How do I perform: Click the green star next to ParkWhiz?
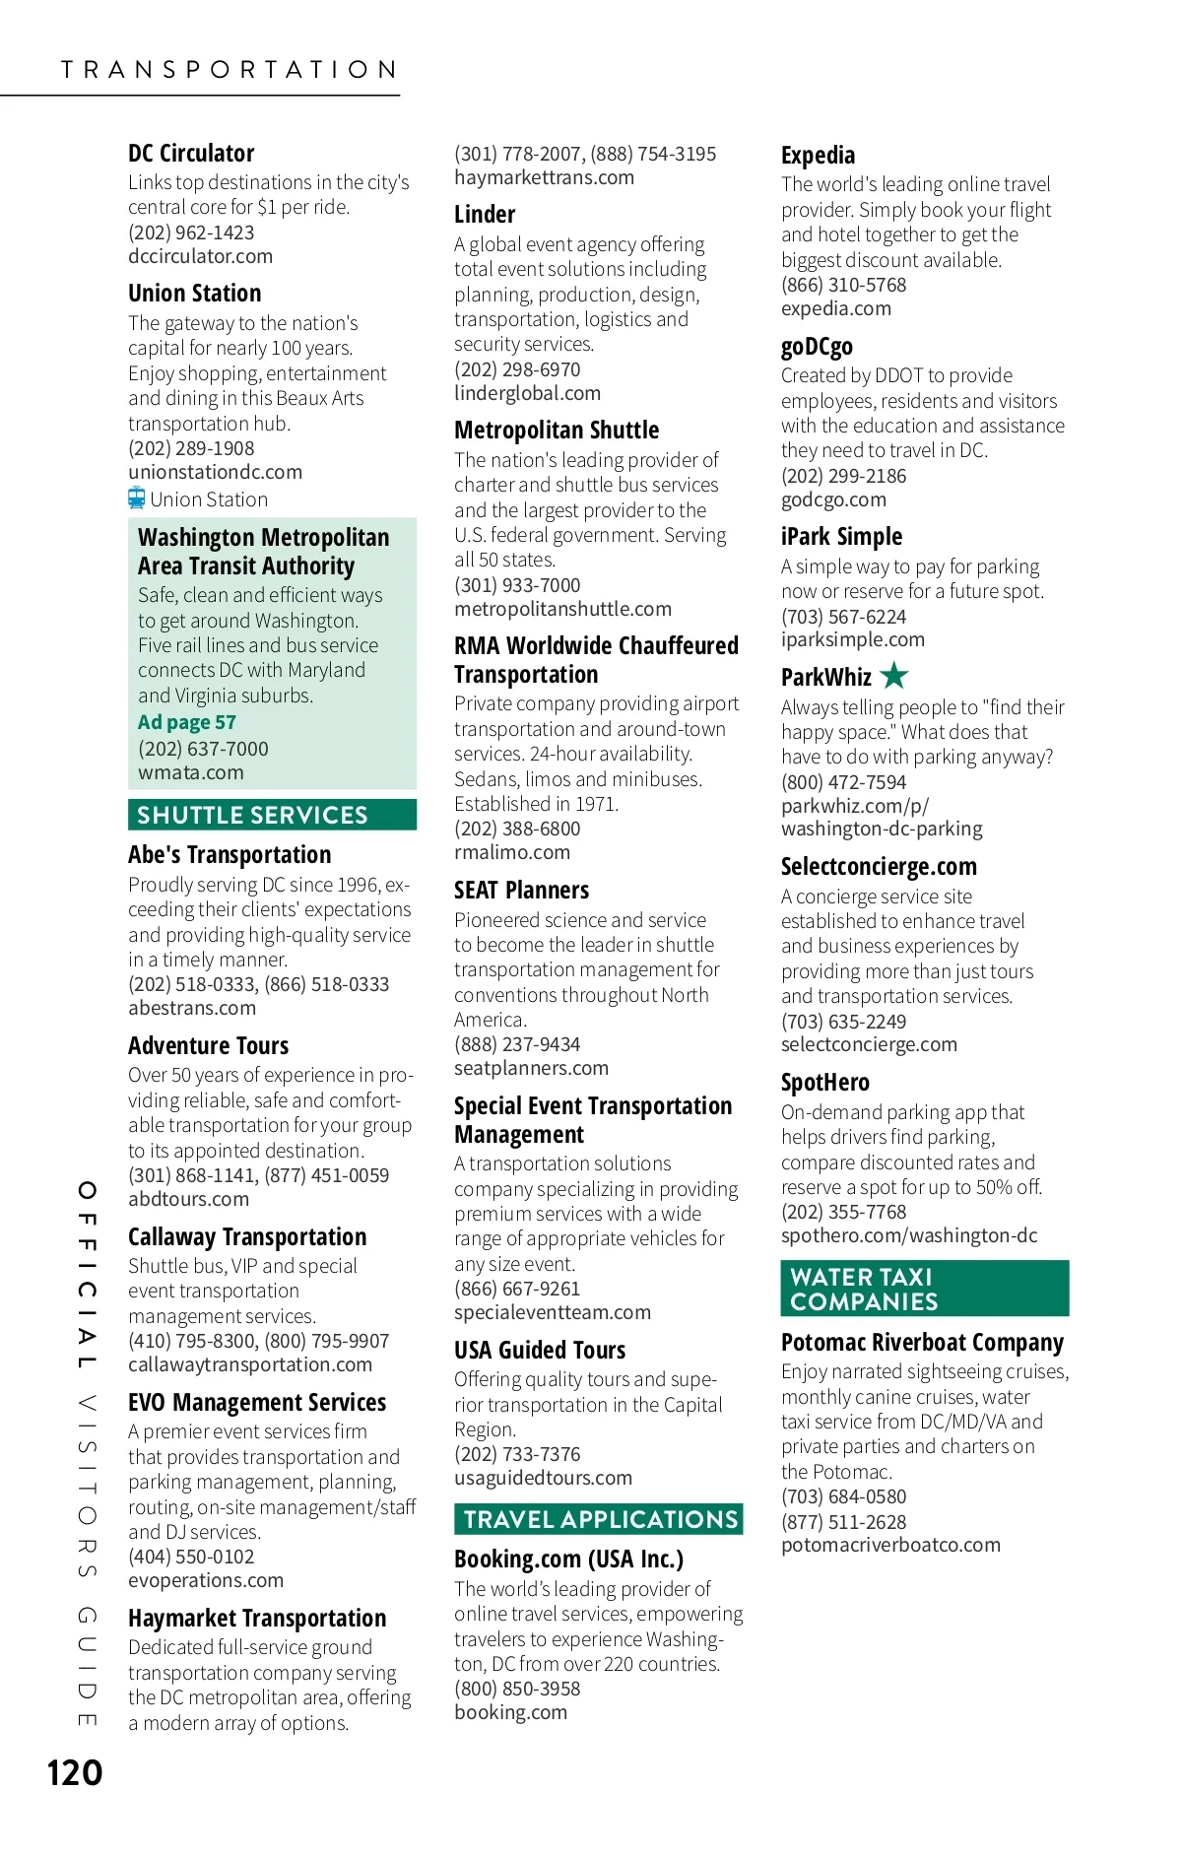[x=894, y=676]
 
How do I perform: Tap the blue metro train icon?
[x=137, y=498]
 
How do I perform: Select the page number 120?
[x=75, y=1773]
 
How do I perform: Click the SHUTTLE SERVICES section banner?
[x=272, y=815]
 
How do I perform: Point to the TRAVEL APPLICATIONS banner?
[x=599, y=1519]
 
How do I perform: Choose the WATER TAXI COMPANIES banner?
[x=924, y=1289]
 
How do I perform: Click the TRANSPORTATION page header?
[x=229, y=70]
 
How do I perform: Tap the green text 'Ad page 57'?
[x=187, y=722]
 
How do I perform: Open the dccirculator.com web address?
[x=200, y=256]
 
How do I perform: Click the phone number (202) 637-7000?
[x=203, y=749]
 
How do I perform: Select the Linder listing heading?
[x=485, y=215]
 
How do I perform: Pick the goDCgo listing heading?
[x=817, y=347]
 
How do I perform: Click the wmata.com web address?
[x=191, y=772]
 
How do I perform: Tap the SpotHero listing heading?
[x=824, y=1083]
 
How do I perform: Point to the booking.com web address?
[x=510, y=1712]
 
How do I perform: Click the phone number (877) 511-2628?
[x=843, y=1522]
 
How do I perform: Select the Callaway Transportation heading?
[x=247, y=1237]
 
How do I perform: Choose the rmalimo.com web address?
[x=511, y=852]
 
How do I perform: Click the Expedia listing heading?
[x=818, y=156]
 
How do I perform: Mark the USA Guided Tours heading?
[x=540, y=1351]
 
